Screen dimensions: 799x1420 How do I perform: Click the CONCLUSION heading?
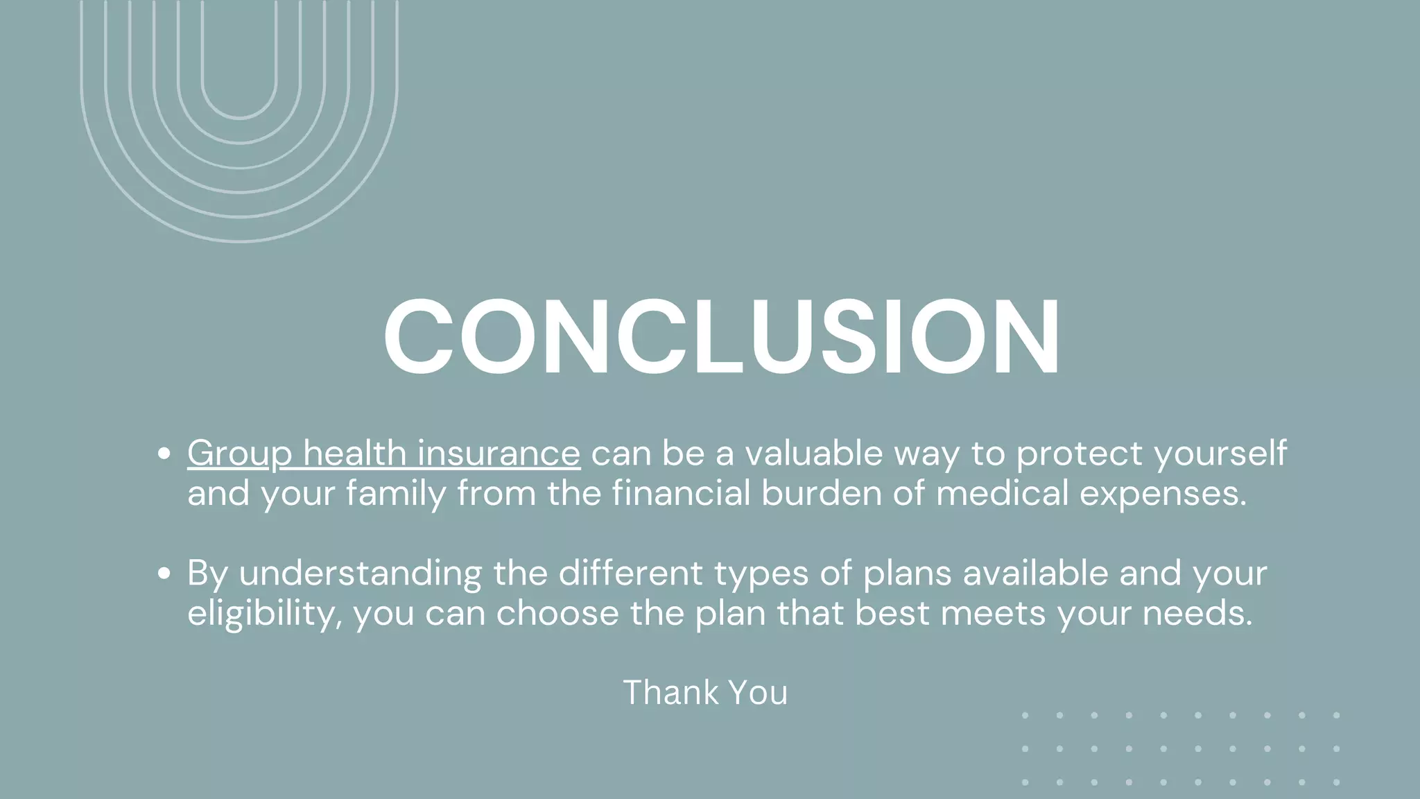pyautogui.click(x=721, y=338)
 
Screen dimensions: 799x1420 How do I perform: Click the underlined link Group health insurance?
pyautogui.click(x=383, y=454)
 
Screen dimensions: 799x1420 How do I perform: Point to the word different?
pyautogui.click(x=630, y=573)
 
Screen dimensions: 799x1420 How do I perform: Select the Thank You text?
pyautogui.click(x=705, y=692)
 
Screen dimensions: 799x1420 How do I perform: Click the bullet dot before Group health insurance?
pyautogui.click(x=164, y=454)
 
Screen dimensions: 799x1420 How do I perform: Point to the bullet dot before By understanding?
pyautogui.click(x=164, y=574)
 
